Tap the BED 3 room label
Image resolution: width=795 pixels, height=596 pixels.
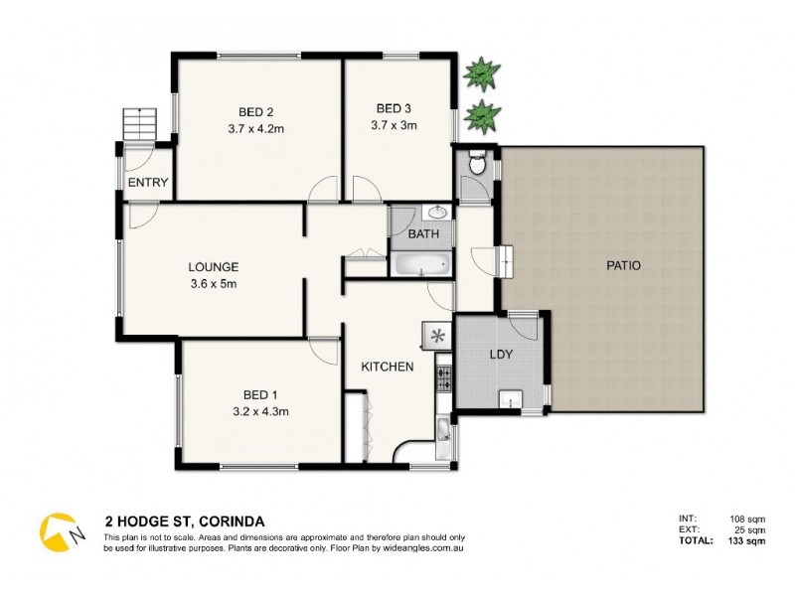click(394, 108)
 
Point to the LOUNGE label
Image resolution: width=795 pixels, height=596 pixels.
click(214, 266)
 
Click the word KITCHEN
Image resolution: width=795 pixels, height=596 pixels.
click(387, 367)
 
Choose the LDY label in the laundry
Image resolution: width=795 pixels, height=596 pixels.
click(501, 355)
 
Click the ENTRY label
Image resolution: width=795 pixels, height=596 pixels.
click(147, 182)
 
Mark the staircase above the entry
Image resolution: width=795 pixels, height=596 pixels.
click(140, 126)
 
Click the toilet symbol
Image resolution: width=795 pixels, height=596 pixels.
click(477, 163)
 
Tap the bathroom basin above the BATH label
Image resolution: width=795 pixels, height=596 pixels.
click(437, 213)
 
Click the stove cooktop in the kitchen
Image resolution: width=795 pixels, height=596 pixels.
click(442, 377)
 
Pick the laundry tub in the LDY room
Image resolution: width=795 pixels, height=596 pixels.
click(510, 399)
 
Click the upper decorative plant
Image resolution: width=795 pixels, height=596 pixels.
click(481, 73)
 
